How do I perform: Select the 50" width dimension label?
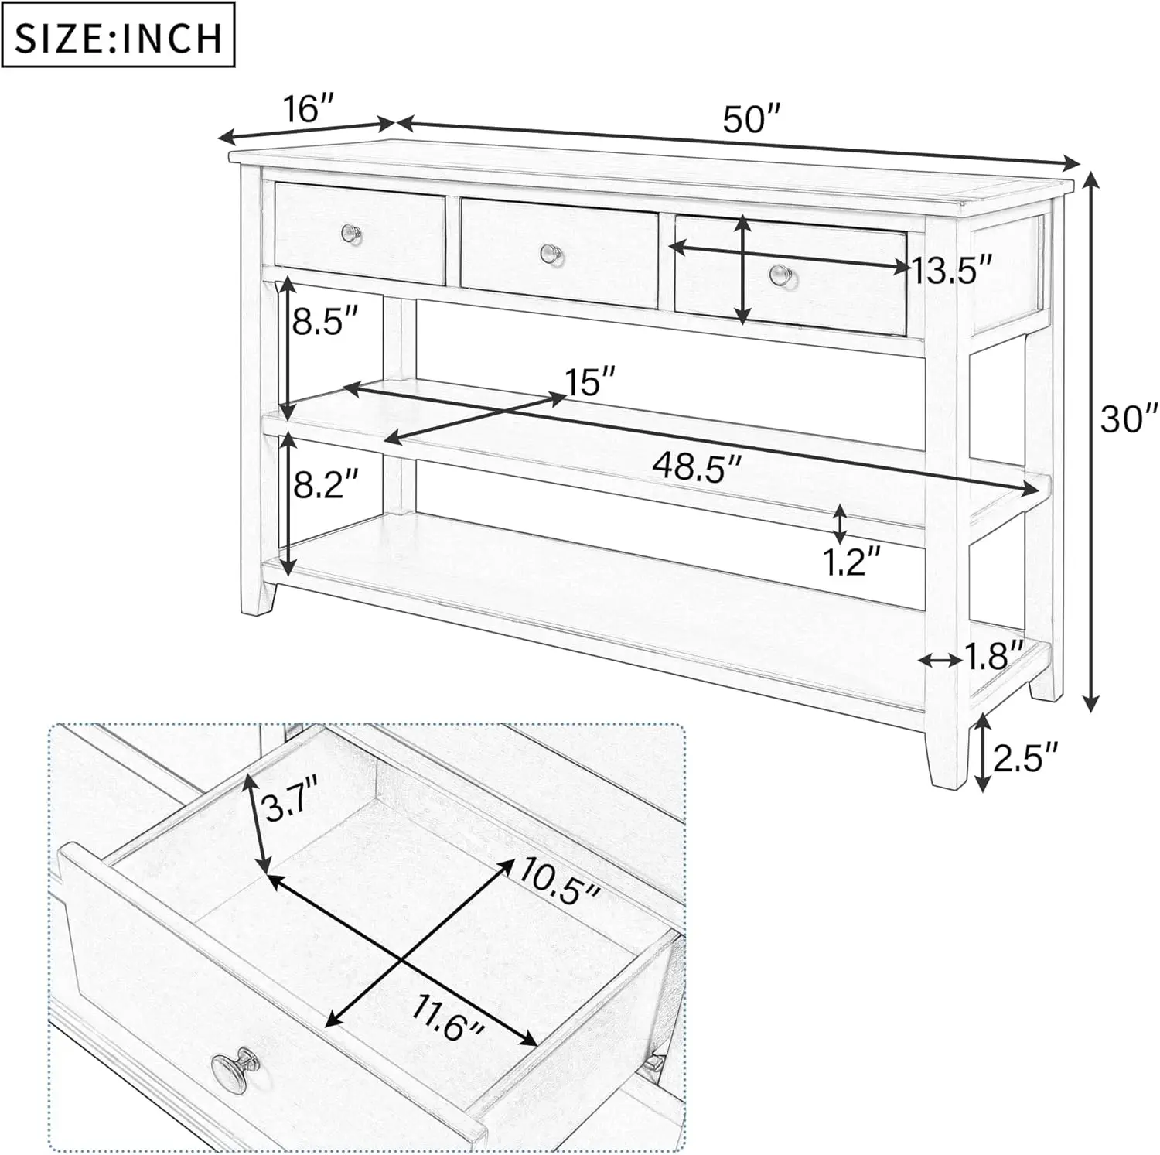click(x=752, y=120)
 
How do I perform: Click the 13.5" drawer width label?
click(x=950, y=272)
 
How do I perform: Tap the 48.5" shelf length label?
click(x=697, y=466)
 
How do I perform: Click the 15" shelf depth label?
click(x=591, y=381)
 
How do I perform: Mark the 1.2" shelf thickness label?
click(x=851, y=562)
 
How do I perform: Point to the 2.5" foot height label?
click(x=1025, y=757)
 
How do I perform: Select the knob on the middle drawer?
click(x=550, y=252)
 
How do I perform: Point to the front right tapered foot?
click(x=946, y=754)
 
